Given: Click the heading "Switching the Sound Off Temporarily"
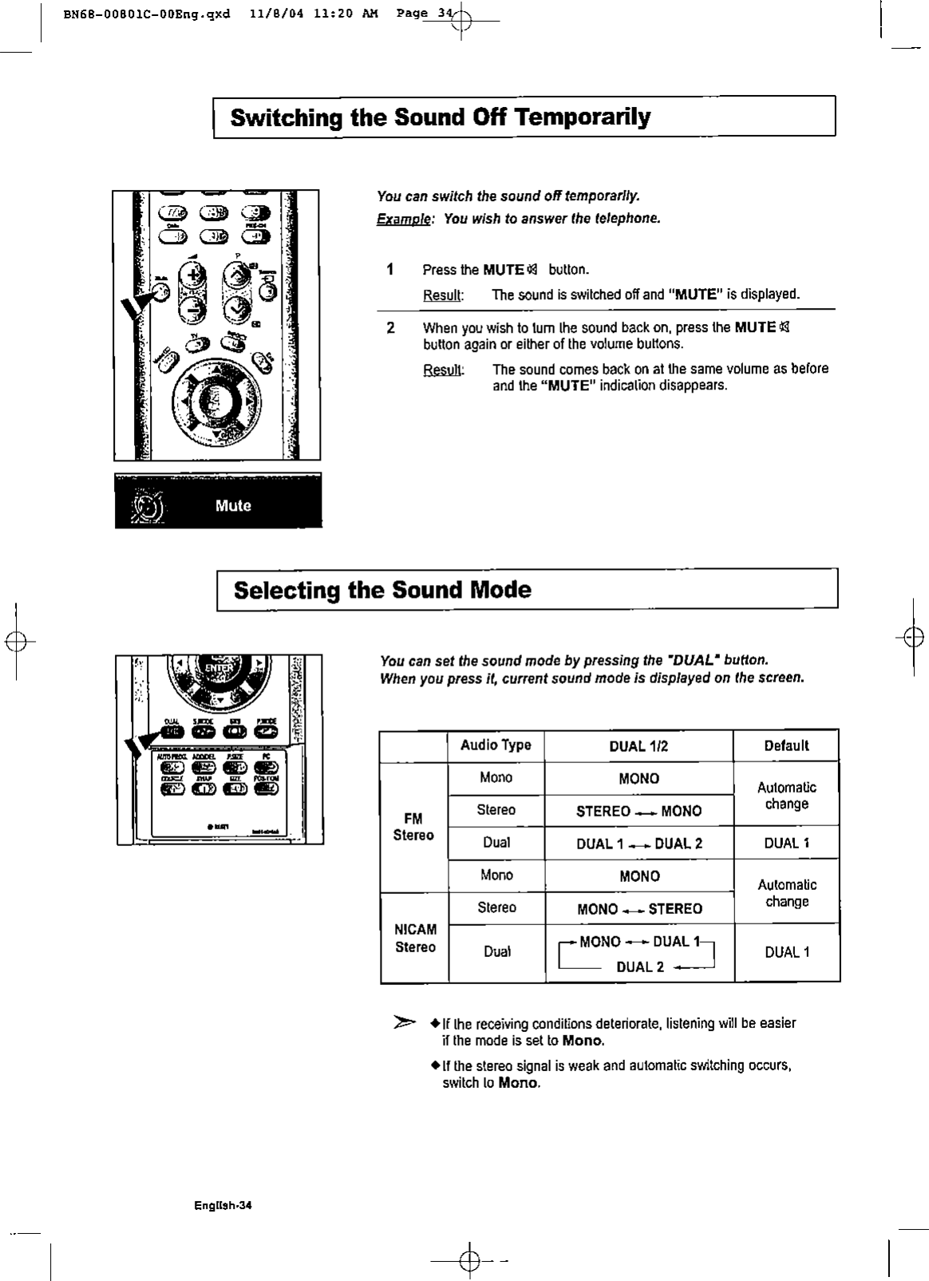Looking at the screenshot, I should point(440,118).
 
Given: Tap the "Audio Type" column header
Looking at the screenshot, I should point(496,745).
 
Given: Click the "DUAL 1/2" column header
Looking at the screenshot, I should point(638,746).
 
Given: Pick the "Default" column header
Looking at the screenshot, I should point(786,745).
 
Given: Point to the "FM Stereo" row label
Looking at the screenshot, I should point(413,827).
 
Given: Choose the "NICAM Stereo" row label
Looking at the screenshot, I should point(415,939).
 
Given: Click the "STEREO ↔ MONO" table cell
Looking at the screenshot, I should point(638,812).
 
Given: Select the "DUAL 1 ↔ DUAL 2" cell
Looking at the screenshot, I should point(638,844).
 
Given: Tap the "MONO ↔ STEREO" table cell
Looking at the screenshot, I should point(638,909).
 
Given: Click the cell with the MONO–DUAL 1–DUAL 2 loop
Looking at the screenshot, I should point(638,954).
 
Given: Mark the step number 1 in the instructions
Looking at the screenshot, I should point(389,269).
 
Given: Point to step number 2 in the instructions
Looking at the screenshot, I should point(389,327).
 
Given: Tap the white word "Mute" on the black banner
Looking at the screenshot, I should point(233,505).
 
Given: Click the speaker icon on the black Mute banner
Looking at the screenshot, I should point(148,504).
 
